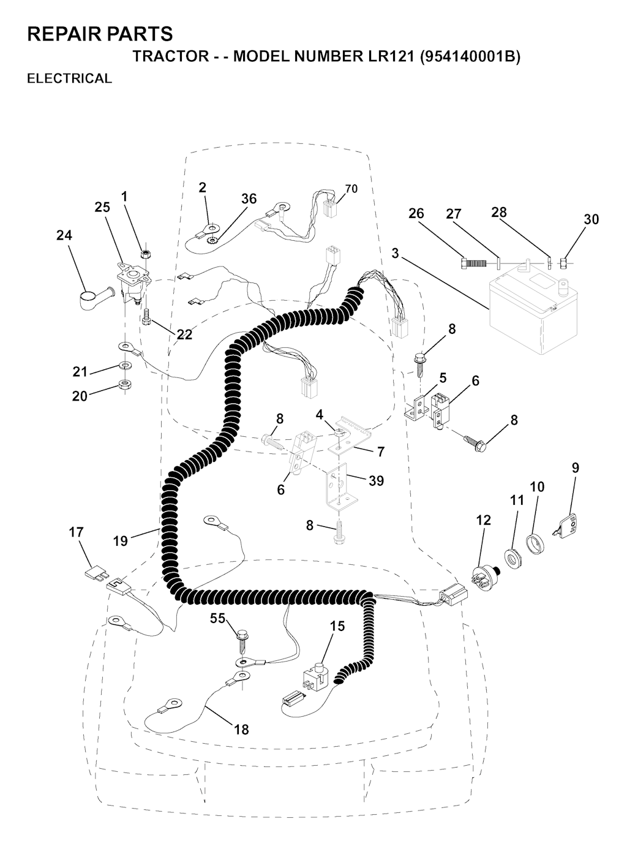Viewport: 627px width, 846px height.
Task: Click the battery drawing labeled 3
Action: click(x=533, y=308)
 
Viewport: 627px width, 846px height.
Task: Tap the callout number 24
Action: click(x=64, y=235)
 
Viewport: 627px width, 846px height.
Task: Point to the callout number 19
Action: click(x=121, y=541)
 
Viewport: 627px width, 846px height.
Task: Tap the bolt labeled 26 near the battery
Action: click(x=472, y=263)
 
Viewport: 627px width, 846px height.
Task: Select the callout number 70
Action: click(x=351, y=189)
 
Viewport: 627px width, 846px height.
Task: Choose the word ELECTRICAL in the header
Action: click(x=69, y=78)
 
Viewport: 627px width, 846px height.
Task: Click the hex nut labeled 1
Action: click(x=145, y=254)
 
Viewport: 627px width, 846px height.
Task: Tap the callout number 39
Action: click(x=376, y=480)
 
